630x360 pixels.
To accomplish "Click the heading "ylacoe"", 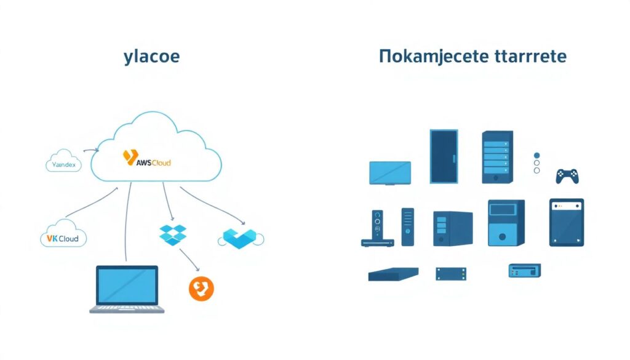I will coord(151,57).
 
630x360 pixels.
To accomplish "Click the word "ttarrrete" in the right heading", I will coord(530,57).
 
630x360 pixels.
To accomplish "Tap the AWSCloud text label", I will coord(153,162).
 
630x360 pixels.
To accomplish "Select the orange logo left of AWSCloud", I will coord(129,158).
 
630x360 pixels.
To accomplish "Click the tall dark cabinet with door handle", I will coord(444,156).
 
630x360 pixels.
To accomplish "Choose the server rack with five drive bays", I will coord(497,156).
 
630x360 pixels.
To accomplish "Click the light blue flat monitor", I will coord(390,172).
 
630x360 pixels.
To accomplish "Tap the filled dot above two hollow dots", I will coord(536,156).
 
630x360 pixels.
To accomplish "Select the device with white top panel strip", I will coord(566,222).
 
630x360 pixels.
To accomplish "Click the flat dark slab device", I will coord(393,274).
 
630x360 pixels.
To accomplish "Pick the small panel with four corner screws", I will coord(451,273).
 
